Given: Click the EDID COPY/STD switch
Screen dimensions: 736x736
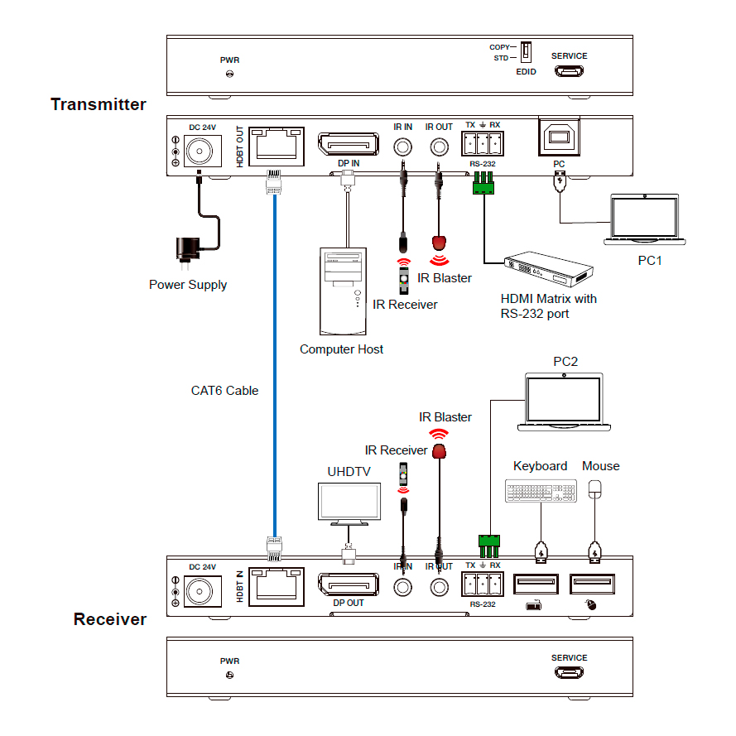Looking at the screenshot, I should click(x=525, y=52).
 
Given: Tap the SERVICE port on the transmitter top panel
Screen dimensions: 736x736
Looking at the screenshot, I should click(x=569, y=72).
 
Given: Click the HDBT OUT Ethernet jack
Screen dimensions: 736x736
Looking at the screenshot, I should click(x=277, y=147).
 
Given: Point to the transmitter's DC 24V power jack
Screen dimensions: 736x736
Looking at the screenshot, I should click(x=200, y=151).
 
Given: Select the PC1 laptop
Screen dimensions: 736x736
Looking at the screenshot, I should click(x=645, y=219).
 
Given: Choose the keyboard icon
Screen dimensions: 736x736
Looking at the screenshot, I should click(x=541, y=490).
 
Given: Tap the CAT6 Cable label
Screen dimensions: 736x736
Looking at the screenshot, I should click(x=224, y=390).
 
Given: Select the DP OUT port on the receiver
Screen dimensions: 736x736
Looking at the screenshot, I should click(x=348, y=585).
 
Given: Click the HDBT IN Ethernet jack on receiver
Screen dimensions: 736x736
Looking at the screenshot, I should click(x=277, y=587).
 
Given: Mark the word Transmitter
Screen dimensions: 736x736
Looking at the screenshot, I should click(x=98, y=104).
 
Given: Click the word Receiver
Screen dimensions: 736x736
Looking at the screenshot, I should click(x=109, y=619).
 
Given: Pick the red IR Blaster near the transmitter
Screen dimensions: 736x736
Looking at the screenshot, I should click(x=440, y=243).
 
